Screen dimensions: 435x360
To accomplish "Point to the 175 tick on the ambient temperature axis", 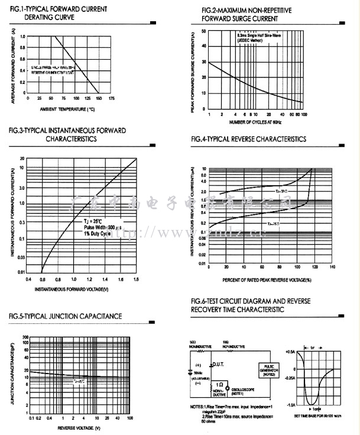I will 111,99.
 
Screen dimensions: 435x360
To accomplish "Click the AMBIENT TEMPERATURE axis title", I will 67,109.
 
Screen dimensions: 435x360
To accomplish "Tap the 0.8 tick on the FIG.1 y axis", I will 22,48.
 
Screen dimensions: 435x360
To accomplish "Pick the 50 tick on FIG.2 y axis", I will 204,31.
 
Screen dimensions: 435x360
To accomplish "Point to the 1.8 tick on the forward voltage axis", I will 137,278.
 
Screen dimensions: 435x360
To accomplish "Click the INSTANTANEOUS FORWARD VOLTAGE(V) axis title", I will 72,289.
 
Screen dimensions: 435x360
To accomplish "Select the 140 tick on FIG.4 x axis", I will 332,267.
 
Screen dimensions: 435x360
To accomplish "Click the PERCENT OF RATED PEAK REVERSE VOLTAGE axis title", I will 267,279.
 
